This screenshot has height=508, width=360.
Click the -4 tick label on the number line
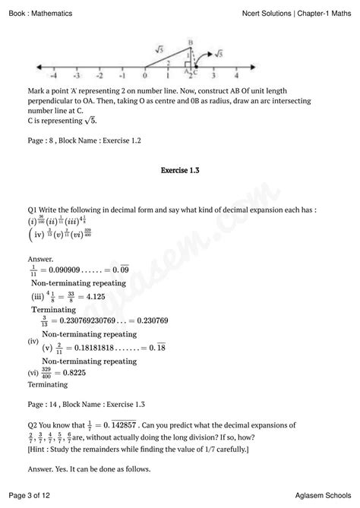(x=52, y=77)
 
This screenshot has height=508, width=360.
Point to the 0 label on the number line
(x=144, y=77)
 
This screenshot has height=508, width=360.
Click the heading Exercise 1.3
(x=180, y=171)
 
